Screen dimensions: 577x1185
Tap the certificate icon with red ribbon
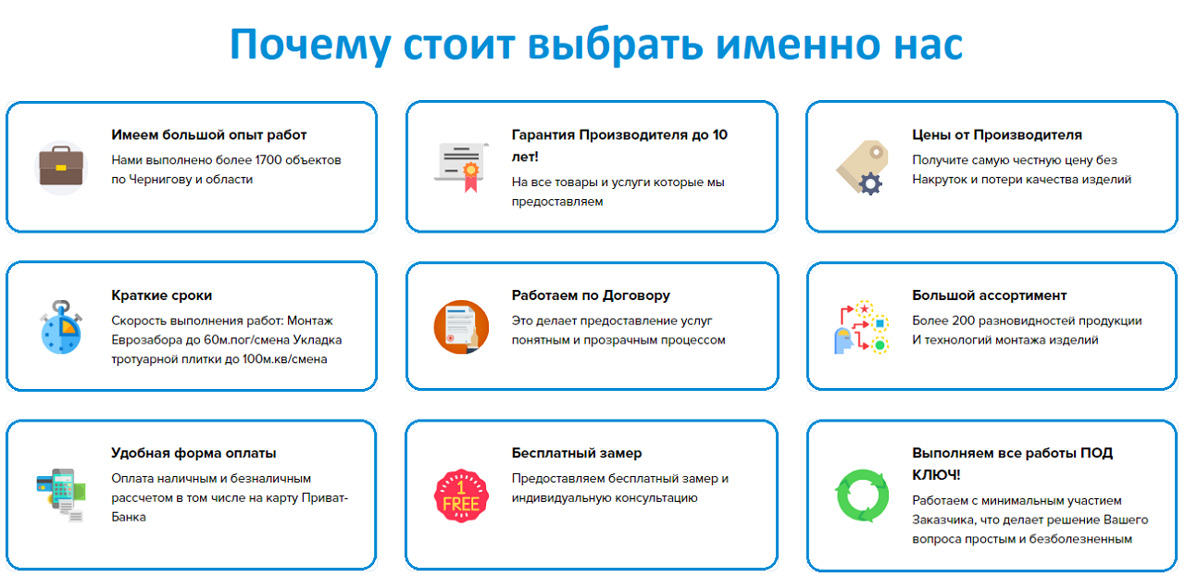pos(461,166)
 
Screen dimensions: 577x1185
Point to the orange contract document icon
pos(461,326)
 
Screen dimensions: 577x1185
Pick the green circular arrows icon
pos(861,495)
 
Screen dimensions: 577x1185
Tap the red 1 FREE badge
pos(461,495)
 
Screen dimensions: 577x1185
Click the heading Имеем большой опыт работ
pos(208,135)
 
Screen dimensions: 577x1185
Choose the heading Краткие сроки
pos(161,295)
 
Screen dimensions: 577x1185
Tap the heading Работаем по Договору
pos(591,295)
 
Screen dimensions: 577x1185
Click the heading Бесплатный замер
pos(576,453)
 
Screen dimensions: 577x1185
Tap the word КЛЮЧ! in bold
pos(934,475)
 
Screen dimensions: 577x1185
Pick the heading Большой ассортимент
pos(989,295)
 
